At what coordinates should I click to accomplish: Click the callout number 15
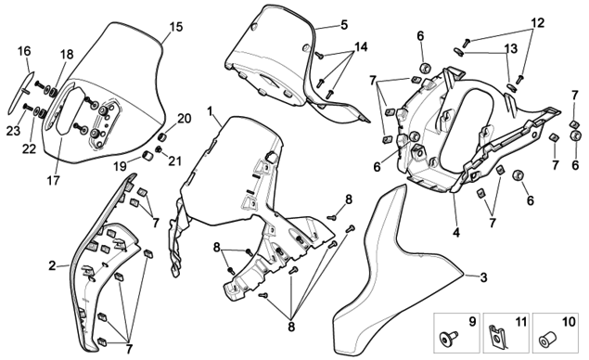click(176, 27)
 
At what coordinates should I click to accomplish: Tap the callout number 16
click(24, 51)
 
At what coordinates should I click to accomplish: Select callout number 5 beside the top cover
click(344, 25)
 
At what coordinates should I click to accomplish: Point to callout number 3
click(483, 277)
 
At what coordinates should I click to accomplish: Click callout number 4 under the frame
click(456, 233)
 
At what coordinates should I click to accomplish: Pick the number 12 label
click(538, 23)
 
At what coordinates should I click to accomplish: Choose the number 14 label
click(361, 47)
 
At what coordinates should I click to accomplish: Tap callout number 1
click(210, 111)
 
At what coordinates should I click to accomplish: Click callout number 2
click(52, 266)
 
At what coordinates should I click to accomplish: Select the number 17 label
click(54, 181)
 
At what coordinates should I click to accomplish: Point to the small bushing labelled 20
click(162, 135)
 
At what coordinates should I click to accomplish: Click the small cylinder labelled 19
click(147, 155)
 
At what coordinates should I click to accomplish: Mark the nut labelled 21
click(159, 149)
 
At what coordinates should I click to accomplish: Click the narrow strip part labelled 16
click(20, 92)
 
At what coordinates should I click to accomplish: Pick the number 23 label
click(13, 131)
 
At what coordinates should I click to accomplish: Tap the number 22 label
click(29, 148)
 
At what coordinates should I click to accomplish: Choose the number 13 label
click(510, 49)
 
